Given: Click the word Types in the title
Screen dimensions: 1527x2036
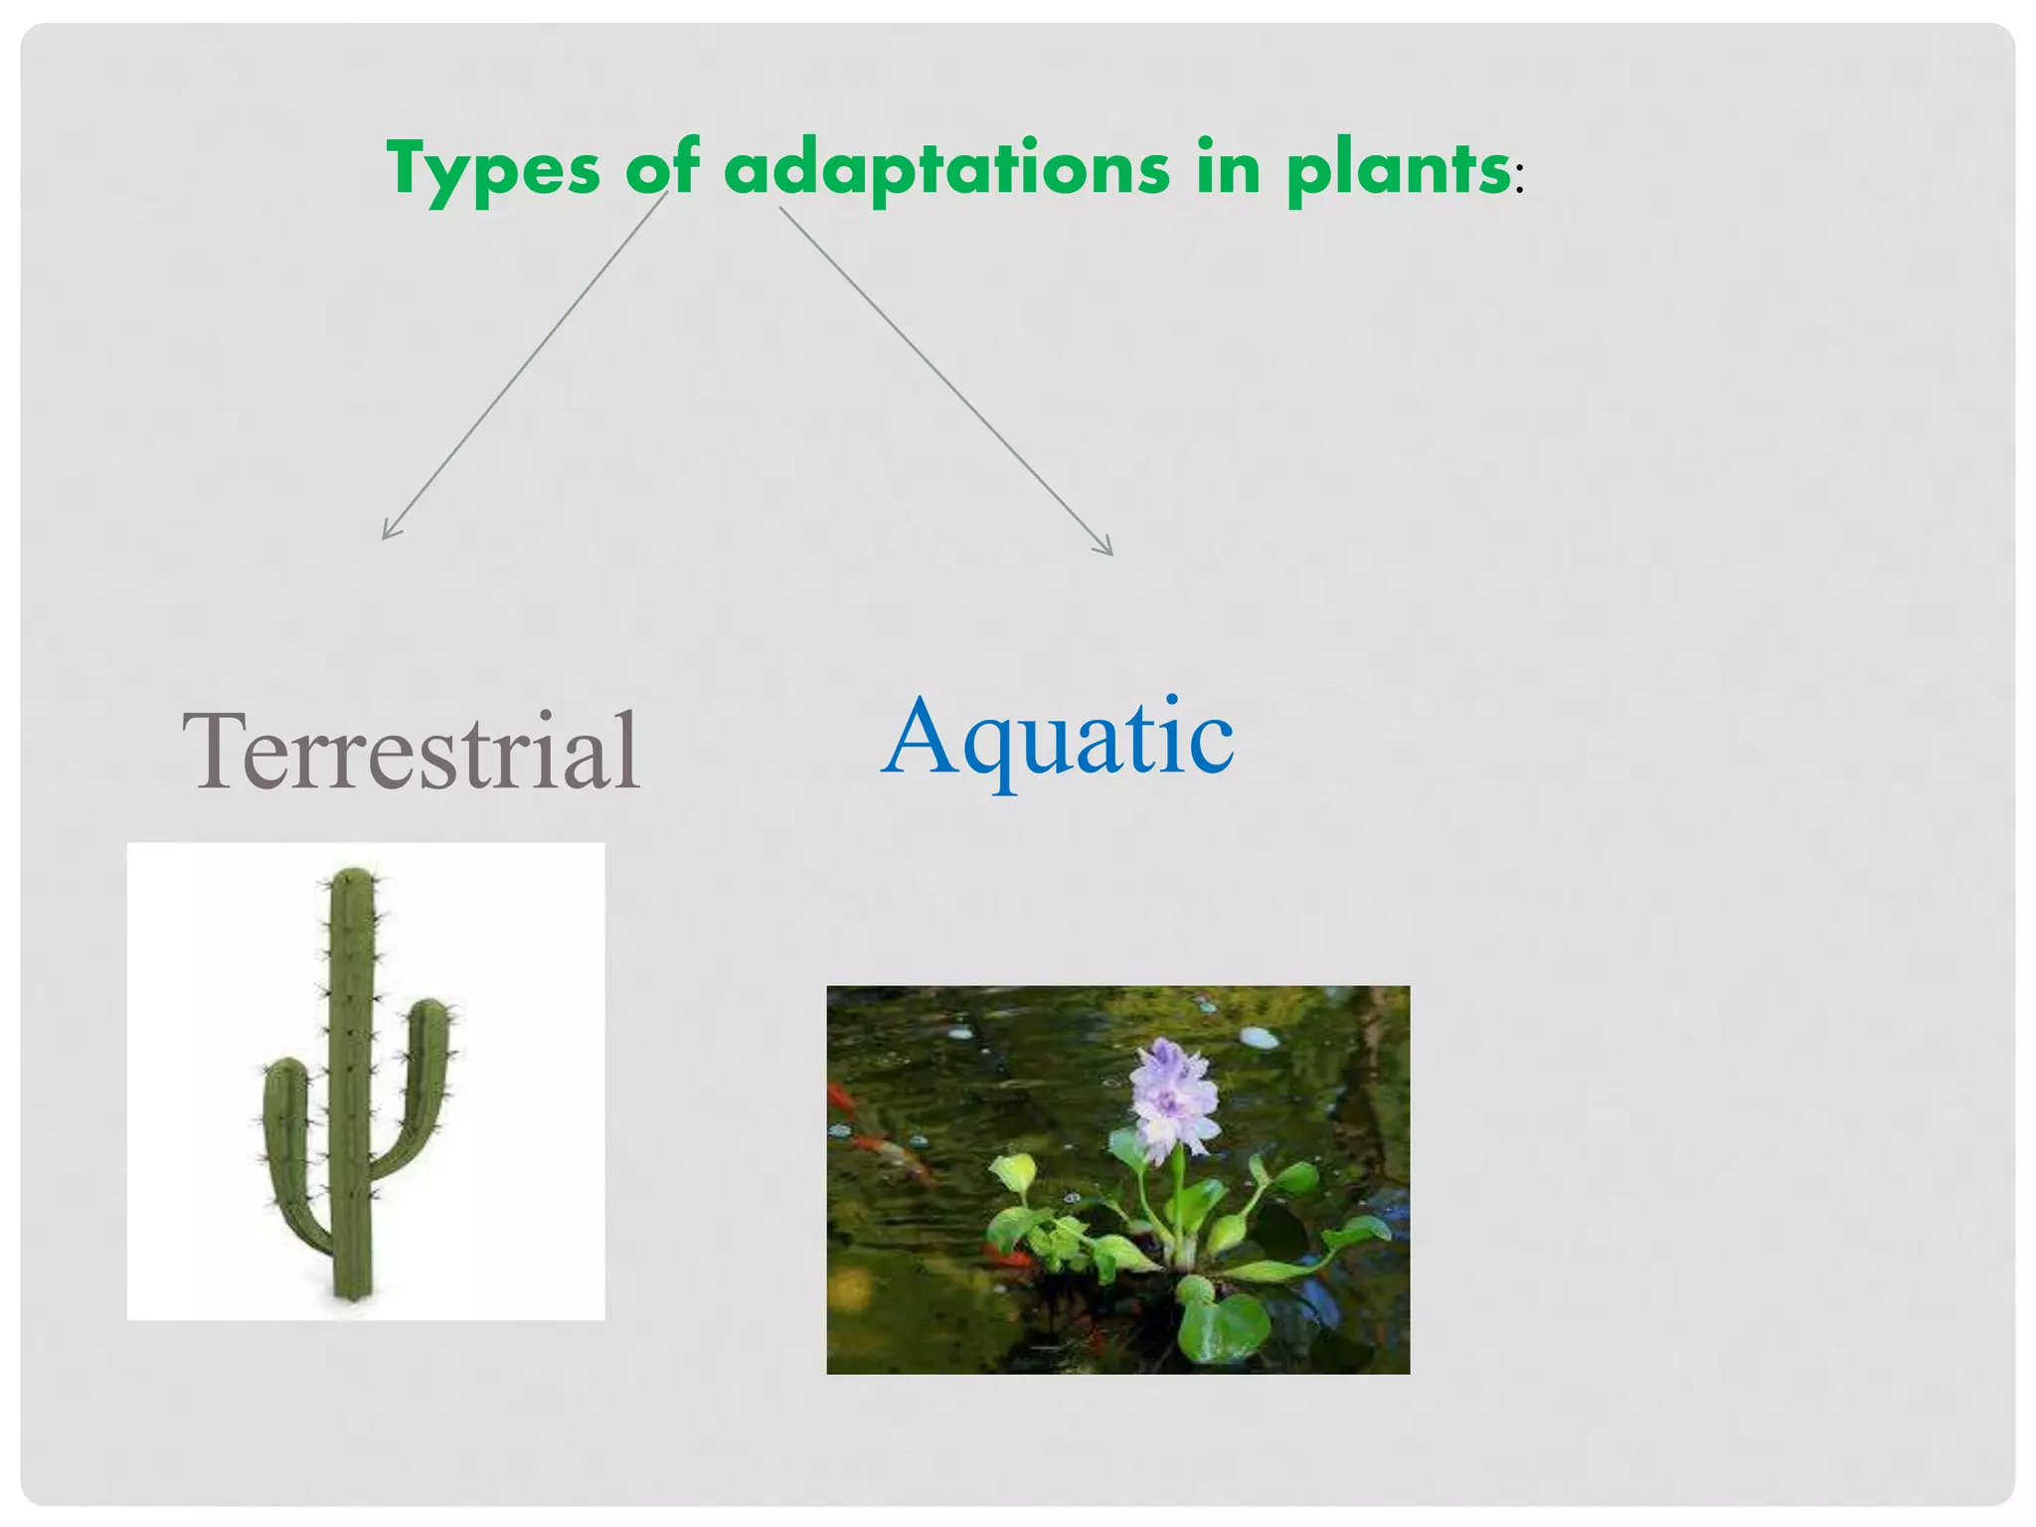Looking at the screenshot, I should [493, 169].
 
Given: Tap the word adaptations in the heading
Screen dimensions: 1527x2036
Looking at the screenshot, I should [946, 169].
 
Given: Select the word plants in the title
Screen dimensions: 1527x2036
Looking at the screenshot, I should [1398, 169].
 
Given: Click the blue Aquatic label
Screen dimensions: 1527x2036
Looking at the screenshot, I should [1058, 738].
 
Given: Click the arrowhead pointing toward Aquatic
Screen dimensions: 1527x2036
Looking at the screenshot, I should [1107, 550].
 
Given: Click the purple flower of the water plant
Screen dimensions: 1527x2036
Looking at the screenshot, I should [1175, 1099].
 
